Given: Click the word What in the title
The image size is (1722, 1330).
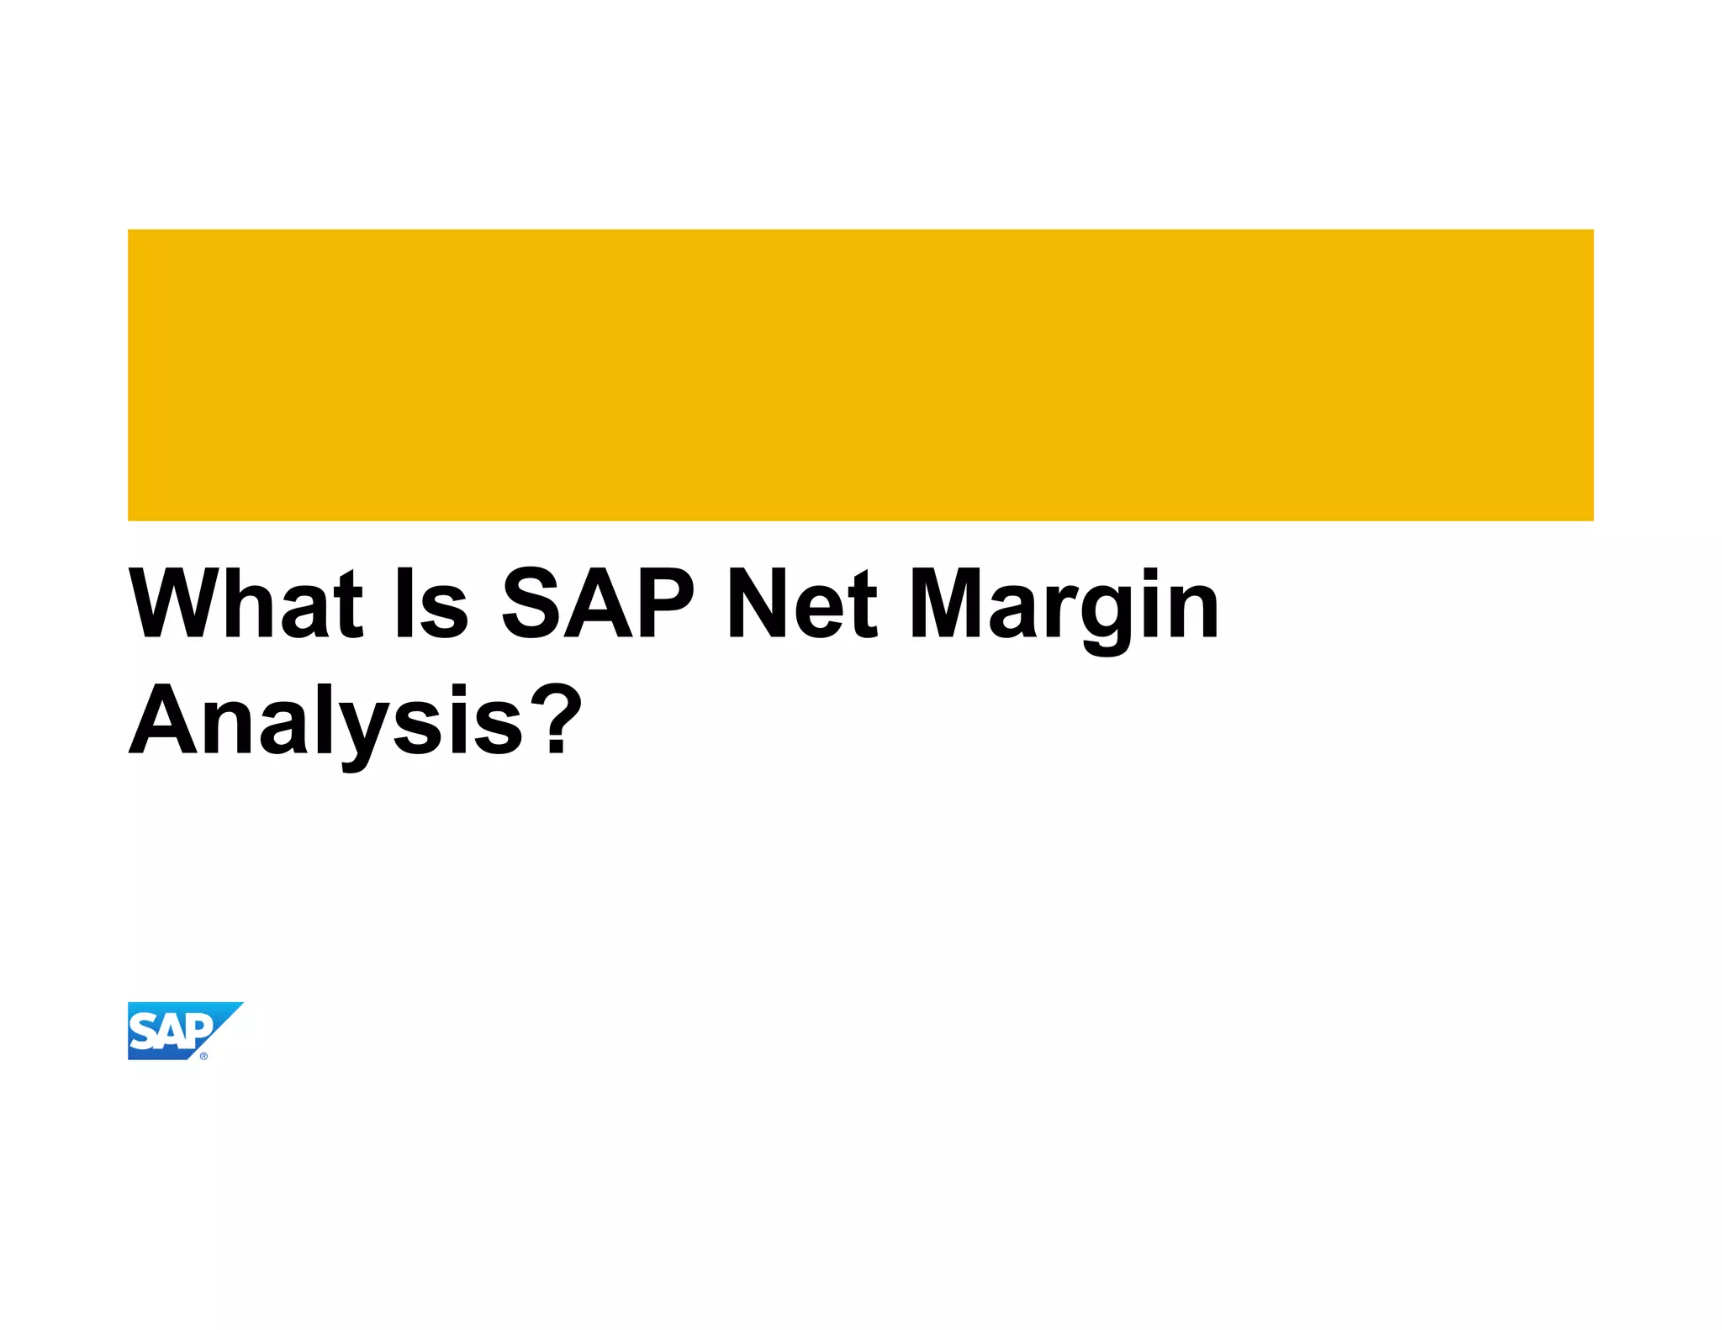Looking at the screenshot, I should [x=246, y=602].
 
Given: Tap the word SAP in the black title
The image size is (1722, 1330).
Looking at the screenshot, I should [x=598, y=602].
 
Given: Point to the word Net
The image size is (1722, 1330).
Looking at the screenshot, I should [x=803, y=602].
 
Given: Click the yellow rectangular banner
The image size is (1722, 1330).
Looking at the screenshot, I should [x=860, y=375].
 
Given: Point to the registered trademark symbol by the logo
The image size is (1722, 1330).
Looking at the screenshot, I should [x=203, y=1057].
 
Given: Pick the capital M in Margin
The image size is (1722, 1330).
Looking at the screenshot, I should [x=948, y=602].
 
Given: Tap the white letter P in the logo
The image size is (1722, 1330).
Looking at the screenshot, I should [x=199, y=1029].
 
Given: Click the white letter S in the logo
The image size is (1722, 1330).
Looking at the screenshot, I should [x=143, y=1032].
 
